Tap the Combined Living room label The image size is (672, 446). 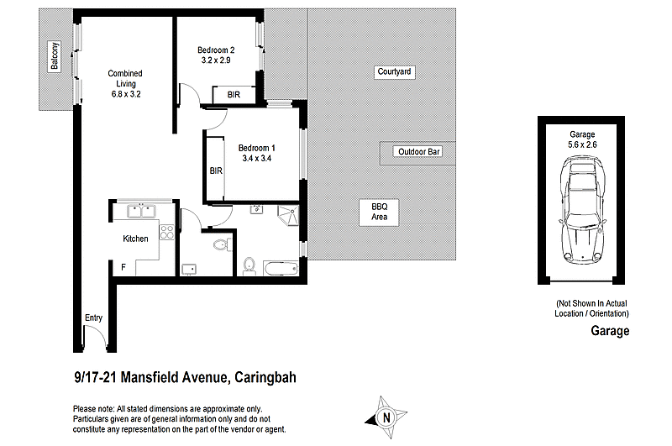[124, 84]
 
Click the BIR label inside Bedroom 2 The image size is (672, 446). [233, 95]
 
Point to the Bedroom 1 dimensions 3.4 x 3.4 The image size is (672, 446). [256, 157]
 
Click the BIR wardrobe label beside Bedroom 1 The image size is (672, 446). [216, 171]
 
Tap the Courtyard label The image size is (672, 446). [394, 72]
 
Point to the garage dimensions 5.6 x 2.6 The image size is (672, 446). [582, 145]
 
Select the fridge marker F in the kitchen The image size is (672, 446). [123, 267]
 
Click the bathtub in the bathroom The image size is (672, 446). [279, 268]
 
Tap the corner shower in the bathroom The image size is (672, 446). [288, 215]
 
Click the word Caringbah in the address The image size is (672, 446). [265, 378]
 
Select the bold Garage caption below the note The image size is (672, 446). [609, 331]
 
